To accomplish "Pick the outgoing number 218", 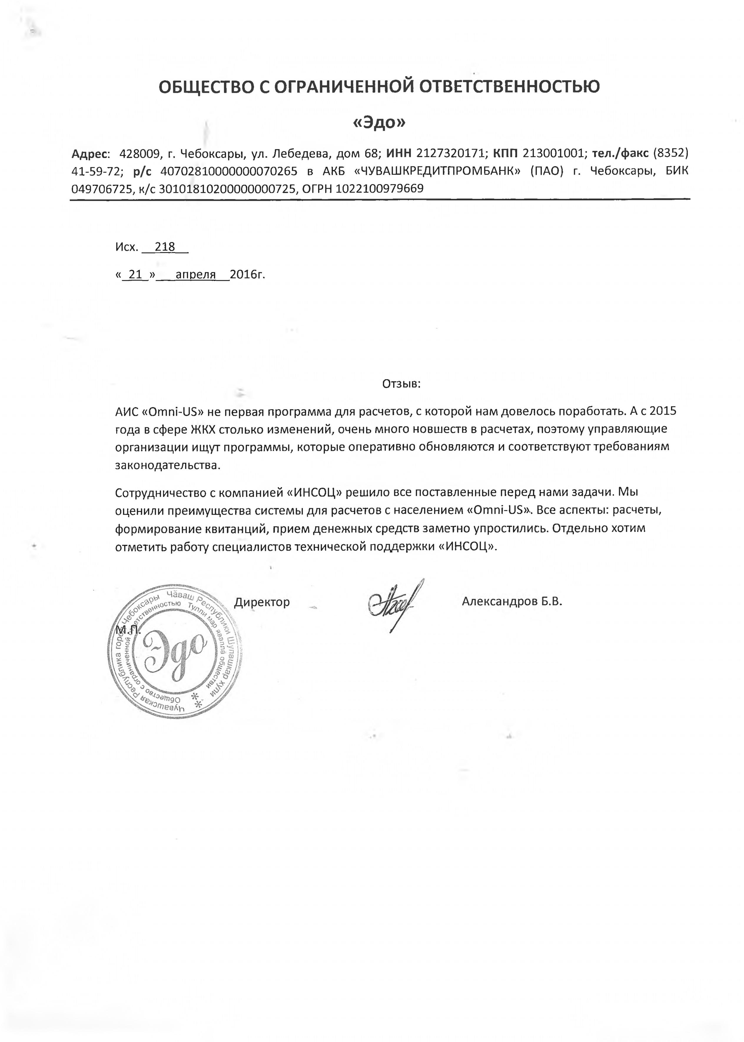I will click(165, 247).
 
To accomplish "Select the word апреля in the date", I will click(196, 275).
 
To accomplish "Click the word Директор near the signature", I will click(262, 602).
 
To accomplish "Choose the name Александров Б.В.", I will click(512, 601).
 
